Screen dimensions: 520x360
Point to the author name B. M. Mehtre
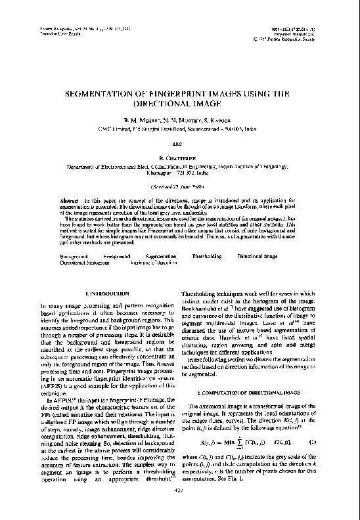141,120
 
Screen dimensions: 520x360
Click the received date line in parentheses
179,185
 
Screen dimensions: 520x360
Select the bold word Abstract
70,198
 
